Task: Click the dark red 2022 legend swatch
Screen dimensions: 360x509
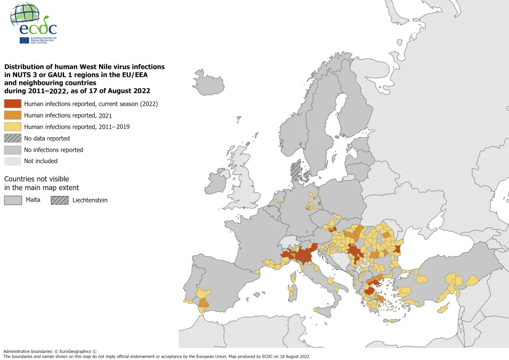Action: pos(13,104)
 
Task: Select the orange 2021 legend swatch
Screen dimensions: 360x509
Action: pos(13,115)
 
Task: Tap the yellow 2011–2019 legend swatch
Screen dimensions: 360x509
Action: pos(13,127)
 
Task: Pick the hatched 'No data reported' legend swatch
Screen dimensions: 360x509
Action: pos(13,138)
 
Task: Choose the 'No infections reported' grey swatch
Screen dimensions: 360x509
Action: pos(13,150)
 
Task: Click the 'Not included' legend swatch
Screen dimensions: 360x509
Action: pos(13,161)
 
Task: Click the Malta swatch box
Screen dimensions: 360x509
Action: pos(13,200)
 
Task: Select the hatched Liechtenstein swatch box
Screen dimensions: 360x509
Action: pos(59,200)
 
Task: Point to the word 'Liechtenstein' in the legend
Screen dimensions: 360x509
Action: pos(90,200)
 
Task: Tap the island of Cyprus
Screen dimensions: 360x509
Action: pos(443,308)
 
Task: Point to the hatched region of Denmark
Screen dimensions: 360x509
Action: pos(296,170)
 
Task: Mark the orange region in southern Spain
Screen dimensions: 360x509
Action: pos(204,303)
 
